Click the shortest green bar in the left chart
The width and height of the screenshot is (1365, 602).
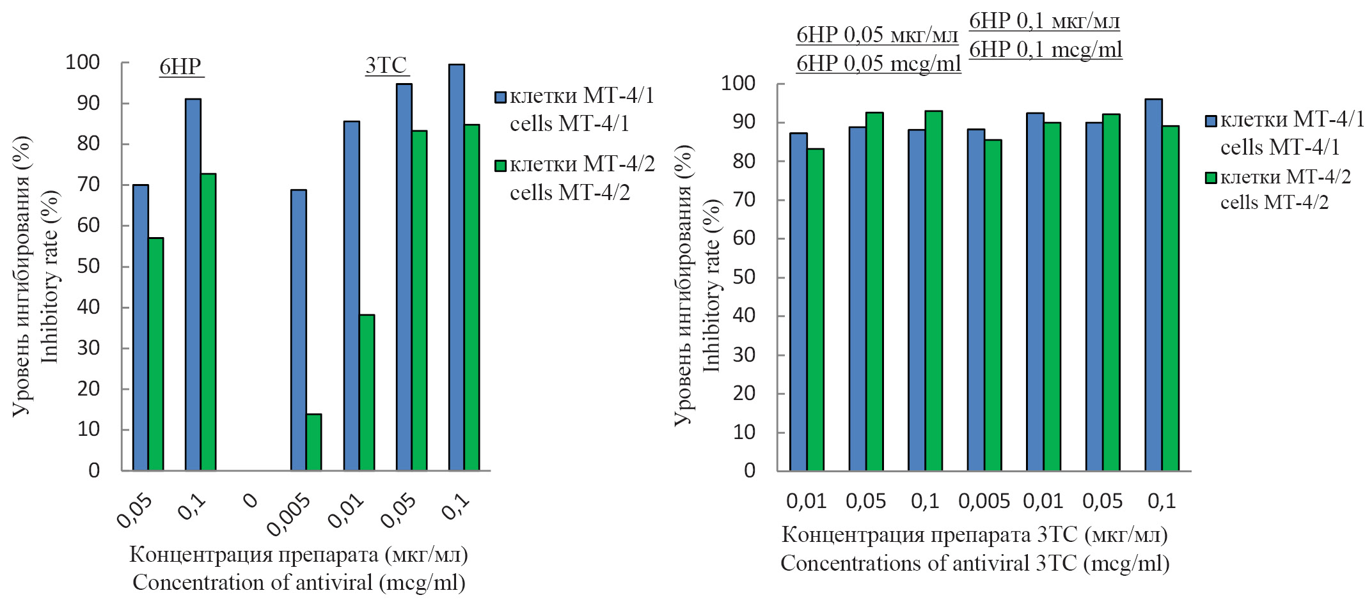pyautogui.click(x=313, y=442)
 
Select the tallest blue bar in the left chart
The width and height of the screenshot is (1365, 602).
pyautogui.click(x=456, y=267)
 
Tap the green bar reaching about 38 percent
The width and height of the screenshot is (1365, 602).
pyautogui.click(x=367, y=392)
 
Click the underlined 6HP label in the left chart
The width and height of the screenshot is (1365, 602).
pyautogui.click(x=180, y=66)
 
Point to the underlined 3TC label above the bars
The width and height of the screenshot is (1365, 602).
pyautogui.click(x=386, y=65)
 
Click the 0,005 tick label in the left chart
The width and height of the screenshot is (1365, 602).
pyautogui.click(x=290, y=514)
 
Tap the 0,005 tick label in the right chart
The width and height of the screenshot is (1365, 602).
pyautogui.click(x=984, y=502)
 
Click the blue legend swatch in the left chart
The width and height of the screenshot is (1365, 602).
pyautogui.click(x=500, y=97)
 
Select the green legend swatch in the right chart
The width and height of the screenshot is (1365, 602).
pyautogui.click(x=1210, y=178)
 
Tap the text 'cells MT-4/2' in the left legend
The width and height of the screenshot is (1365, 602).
pyautogui.click(x=569, y=192)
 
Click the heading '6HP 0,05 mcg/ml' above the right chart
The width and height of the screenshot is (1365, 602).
pyautogui.click(x=878, y=63)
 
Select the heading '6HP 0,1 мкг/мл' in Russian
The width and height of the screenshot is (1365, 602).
pyautogui.click(x=1045, y=21)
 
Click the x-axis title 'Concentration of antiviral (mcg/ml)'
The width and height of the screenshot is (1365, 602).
pyautogui.click(x=299, y=583)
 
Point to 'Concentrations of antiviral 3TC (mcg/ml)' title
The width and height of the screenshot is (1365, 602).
pyautogui.click(x=975, y=564)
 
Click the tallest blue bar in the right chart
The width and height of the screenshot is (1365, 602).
pyautogui.click(x=1153, y=285)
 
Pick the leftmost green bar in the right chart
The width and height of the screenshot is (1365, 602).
pyautogui.click(x=815, y=310)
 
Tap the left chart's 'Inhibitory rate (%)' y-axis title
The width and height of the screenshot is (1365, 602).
pyautogui.click(x=50, y=276)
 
